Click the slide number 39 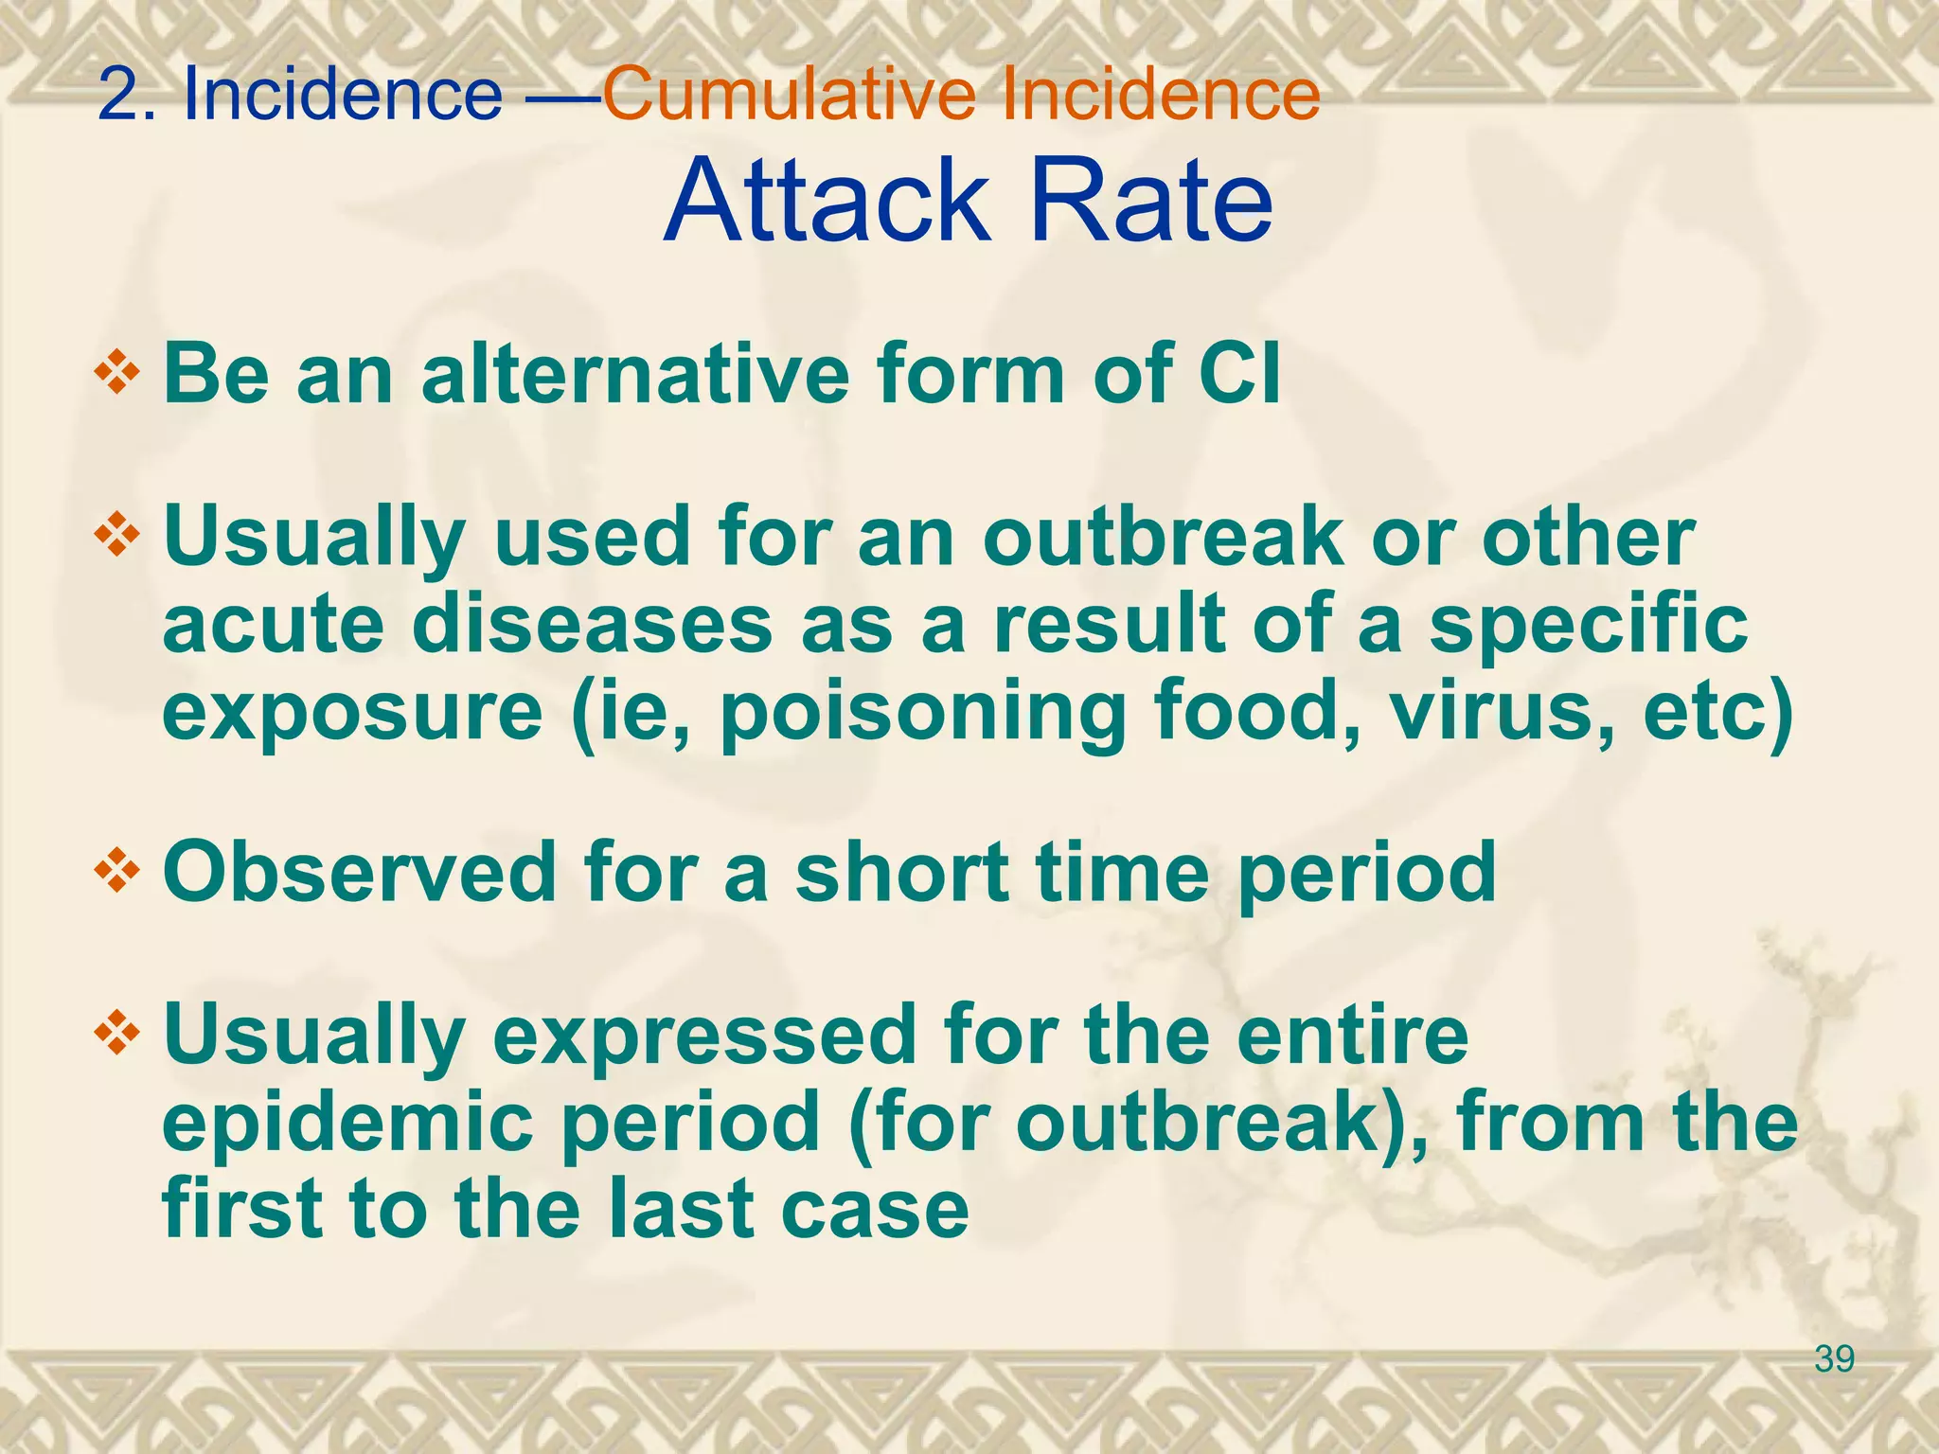[1834, 1359]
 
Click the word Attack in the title [824, 201]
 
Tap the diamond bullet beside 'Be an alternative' [117, 371]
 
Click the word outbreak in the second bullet [1163, 537]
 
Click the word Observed [359, 872]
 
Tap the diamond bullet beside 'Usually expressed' [117, 1033]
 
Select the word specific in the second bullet [1588, 625]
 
